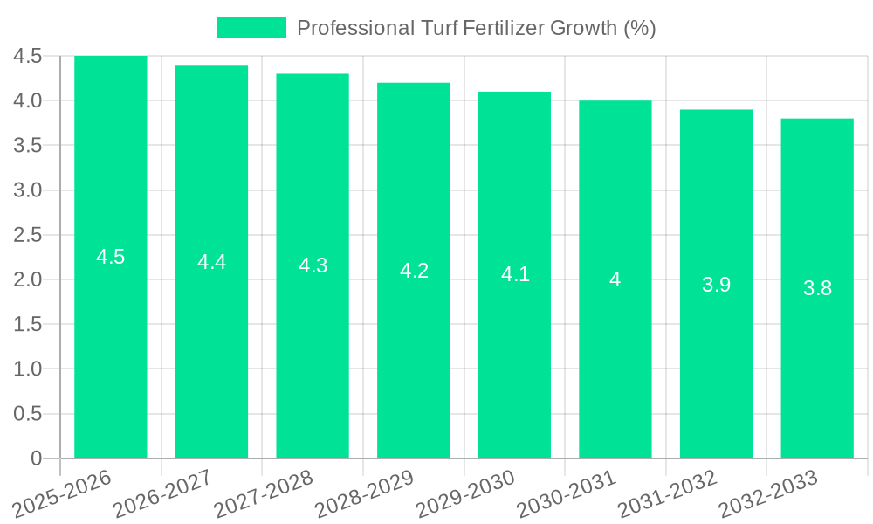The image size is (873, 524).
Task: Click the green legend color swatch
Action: [x=251, y=28]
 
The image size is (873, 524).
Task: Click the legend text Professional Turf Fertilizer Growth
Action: [x=477, y=28]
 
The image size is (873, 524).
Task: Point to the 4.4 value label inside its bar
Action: [x=212, y=262]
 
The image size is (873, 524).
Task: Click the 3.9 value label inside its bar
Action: [x=716, y=284]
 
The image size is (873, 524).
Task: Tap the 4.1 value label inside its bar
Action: [x=515, y=274]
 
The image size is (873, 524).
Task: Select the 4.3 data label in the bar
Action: [x=313, y=266]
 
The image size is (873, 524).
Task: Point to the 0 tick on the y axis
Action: [x=36, y=458]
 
